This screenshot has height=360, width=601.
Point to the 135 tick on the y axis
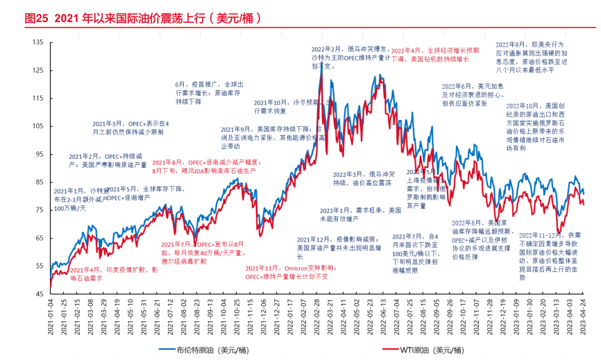[37, 42]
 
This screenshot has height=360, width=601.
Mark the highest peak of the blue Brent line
[321, 64]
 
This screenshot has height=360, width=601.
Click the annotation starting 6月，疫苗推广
[207, 92]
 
